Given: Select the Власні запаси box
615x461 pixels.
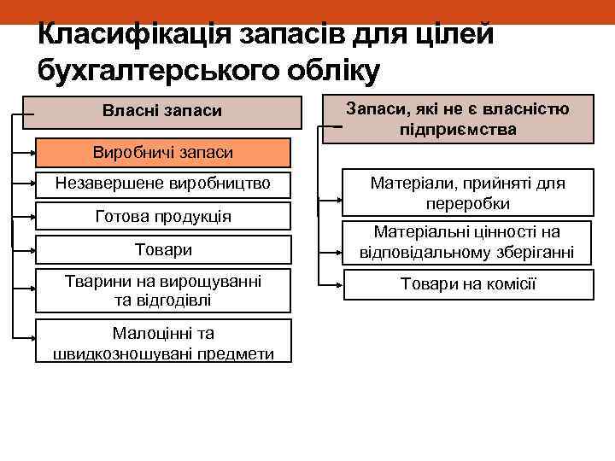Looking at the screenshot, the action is click(162, 112).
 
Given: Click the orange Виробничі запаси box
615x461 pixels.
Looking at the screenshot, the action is click(162, 153).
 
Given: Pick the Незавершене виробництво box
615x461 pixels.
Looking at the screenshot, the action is click(162, 183).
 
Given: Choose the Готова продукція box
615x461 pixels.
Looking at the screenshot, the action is click(162, 216).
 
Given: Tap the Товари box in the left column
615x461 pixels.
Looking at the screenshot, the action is click(162, 249).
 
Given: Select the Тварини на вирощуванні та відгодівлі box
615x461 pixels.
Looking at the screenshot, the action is click(162, 290).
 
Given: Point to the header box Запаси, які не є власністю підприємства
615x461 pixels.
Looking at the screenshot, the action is click(468, 119).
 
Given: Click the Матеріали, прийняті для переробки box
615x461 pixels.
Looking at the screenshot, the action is click(467, 194).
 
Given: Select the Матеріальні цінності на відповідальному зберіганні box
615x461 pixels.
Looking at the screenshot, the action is click(467, 242).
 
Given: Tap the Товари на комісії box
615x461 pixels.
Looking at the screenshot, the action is click(467, 284).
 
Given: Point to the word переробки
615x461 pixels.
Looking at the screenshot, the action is click(467, 204).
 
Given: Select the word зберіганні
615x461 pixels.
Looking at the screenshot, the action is click(530, 253).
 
